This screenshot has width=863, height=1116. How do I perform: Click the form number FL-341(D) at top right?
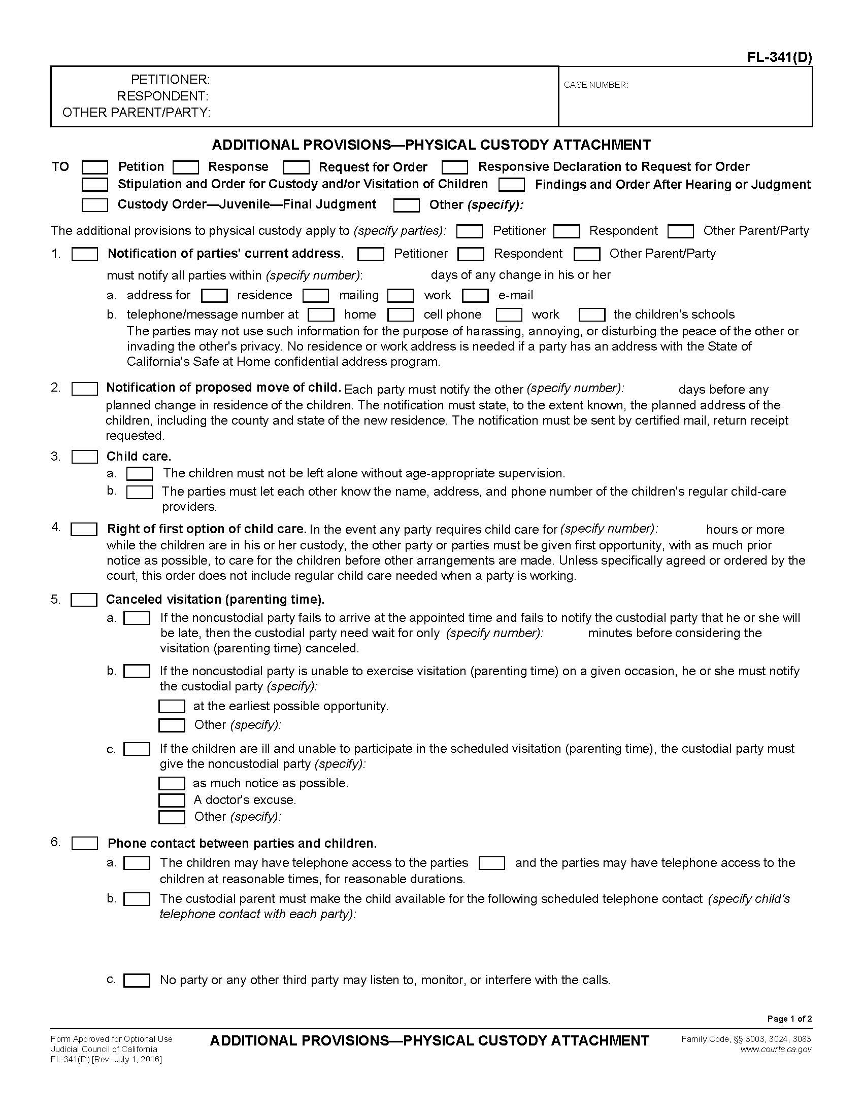779,57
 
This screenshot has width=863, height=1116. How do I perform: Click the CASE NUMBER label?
595,85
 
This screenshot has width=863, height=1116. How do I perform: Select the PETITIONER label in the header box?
170,80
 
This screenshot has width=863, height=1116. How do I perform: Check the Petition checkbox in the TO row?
95,167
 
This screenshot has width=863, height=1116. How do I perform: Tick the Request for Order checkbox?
296,167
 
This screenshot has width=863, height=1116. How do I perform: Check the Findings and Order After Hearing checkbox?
512,185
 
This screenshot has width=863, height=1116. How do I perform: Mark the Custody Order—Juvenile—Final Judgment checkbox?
95,205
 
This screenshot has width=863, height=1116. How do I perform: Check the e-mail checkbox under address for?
476,295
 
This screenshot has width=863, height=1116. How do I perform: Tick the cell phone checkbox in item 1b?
401,315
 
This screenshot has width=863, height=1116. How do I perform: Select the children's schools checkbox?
592,315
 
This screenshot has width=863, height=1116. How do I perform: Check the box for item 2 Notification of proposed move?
85,389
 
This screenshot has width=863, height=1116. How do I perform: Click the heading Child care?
139,457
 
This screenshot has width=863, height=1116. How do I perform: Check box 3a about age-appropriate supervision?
140,474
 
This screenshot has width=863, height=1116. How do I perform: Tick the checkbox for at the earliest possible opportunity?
172,706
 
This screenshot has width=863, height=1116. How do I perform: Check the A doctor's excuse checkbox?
172,799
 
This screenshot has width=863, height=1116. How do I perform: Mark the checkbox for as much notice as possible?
172,783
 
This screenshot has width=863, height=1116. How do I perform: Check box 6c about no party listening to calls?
137,980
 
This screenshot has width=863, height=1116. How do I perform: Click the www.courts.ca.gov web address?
776,1050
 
